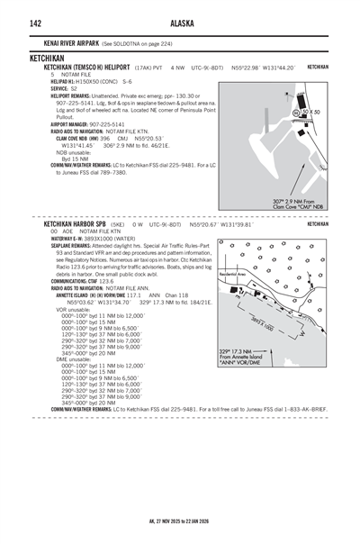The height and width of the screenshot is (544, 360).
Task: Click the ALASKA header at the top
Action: click(180, 23)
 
